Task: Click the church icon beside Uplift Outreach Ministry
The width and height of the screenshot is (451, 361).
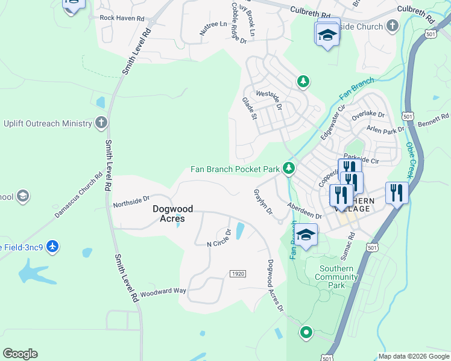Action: [x=101, y=123]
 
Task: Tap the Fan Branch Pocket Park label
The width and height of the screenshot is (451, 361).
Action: [x=235, y=169]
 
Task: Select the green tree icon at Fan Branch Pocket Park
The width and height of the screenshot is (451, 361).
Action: [x=289, y=168]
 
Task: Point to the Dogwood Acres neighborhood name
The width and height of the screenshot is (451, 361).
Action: [x=172, y=214]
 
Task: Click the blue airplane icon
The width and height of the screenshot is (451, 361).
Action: [x=53, y=247]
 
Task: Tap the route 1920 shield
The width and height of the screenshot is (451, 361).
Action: [x=238, y=274]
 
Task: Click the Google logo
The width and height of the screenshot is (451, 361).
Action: [x=20, y=354]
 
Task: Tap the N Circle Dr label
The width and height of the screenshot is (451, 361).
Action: [x=219, y=238]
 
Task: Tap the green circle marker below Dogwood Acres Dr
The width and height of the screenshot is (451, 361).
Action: [x=306, y=332]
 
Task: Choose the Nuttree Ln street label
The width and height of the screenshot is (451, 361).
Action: [x=213, y=26]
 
